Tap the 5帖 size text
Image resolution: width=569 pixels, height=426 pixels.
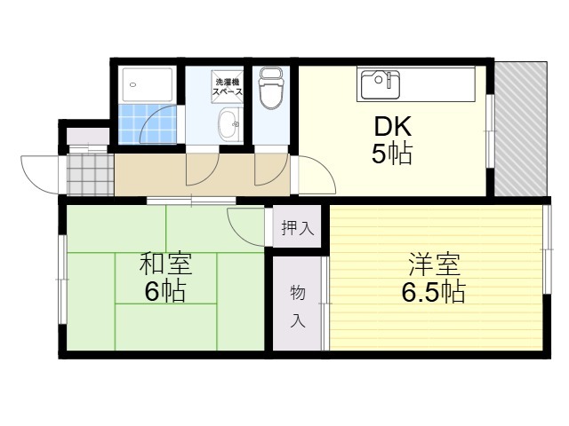390,154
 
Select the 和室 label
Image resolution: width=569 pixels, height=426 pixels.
164,264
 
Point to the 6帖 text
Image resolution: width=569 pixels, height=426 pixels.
164,291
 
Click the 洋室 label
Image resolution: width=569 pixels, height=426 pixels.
433,264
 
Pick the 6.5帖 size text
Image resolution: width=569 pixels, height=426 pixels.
433,291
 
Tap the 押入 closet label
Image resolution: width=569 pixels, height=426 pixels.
297,228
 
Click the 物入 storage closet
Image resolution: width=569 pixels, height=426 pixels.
298,305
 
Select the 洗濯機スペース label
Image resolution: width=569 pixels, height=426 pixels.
228,88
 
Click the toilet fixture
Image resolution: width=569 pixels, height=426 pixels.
268,89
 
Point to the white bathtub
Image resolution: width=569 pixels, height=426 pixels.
148,85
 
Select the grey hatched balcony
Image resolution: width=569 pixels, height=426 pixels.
519,130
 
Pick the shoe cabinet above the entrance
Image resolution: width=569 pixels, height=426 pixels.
88,137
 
